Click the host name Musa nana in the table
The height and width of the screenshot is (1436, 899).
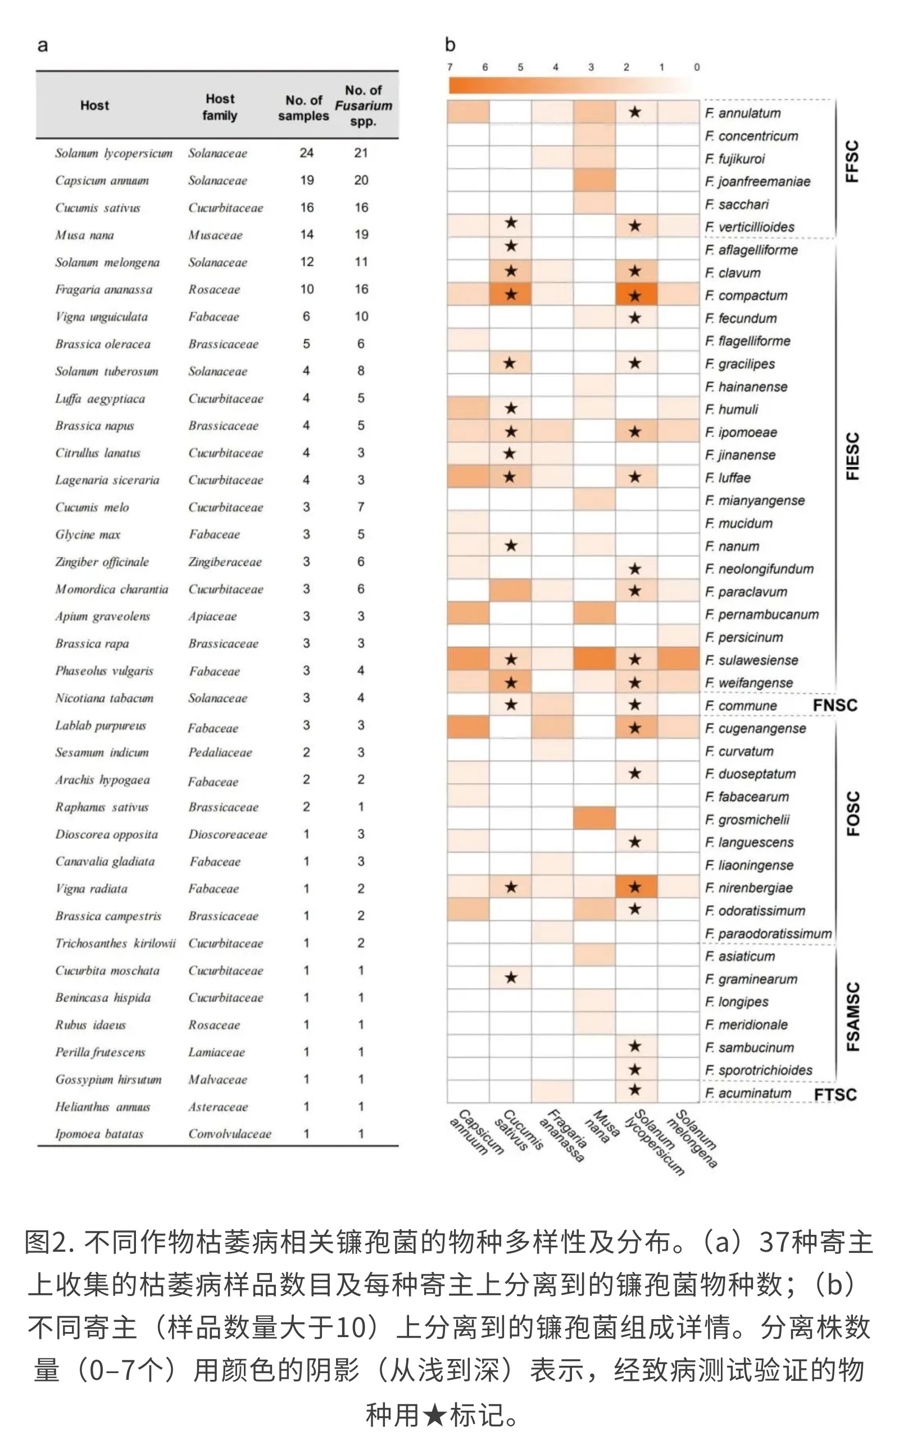click(84, 235)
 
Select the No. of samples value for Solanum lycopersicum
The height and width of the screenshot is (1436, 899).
click(306, 153)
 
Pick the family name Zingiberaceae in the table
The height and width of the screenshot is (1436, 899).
click(225, 562)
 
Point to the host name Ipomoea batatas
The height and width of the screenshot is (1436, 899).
click(99, 1134)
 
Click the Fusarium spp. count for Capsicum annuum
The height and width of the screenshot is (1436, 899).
click(361, 180)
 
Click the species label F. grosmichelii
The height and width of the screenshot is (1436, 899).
click(747, 820)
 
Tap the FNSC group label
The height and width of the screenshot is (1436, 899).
click(835, 706)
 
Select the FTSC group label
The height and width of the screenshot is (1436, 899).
click(835, 1094)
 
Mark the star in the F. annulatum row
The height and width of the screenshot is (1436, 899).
click(635, 112)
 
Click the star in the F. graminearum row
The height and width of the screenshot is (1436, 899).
click(511, 978)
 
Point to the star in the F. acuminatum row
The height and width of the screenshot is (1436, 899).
click(635, 1089)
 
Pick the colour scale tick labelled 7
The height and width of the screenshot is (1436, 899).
click(450, 67)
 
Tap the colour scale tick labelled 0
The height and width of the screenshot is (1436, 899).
click(697, 67)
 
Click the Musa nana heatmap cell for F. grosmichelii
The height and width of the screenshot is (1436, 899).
click(594, 819)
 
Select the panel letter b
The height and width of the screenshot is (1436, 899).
click(450, 44)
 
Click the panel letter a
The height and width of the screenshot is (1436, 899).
click(42, 46)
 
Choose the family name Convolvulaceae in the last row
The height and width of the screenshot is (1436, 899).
click(229, 1134)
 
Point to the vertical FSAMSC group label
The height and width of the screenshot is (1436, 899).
click(852, 1016)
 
